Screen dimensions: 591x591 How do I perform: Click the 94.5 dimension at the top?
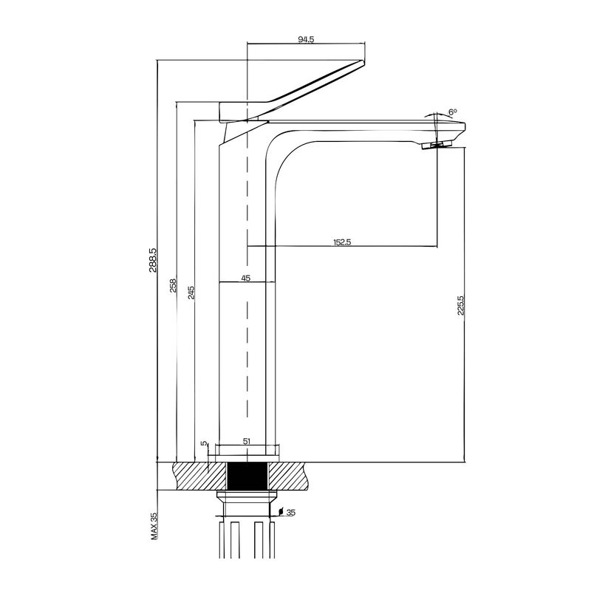click(306, 39)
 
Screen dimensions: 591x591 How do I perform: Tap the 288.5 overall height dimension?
click(152, 260)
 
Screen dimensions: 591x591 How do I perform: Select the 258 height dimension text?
click(173, 285)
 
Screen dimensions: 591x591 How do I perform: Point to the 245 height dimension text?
click(191, 293)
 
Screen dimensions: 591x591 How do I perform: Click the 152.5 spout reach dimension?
click(342, 242)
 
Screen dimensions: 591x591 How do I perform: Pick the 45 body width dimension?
click(246, 279)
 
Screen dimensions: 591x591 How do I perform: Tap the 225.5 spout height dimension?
click(460, 305)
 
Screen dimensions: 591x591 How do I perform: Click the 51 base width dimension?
click(247, 441)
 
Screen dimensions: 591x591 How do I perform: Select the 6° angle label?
click(453, 112)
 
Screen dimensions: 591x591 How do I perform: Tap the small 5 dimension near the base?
click(205, 444)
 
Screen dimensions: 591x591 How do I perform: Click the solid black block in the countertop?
click(247, 476)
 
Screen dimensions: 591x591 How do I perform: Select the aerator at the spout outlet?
click(437, 145)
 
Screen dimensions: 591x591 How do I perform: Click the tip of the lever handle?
click(363, 62)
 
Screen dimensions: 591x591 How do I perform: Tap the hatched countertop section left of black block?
click(200, 476)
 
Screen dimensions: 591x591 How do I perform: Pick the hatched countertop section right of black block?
click(290, 476)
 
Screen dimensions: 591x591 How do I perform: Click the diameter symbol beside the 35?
click(281, 511)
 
